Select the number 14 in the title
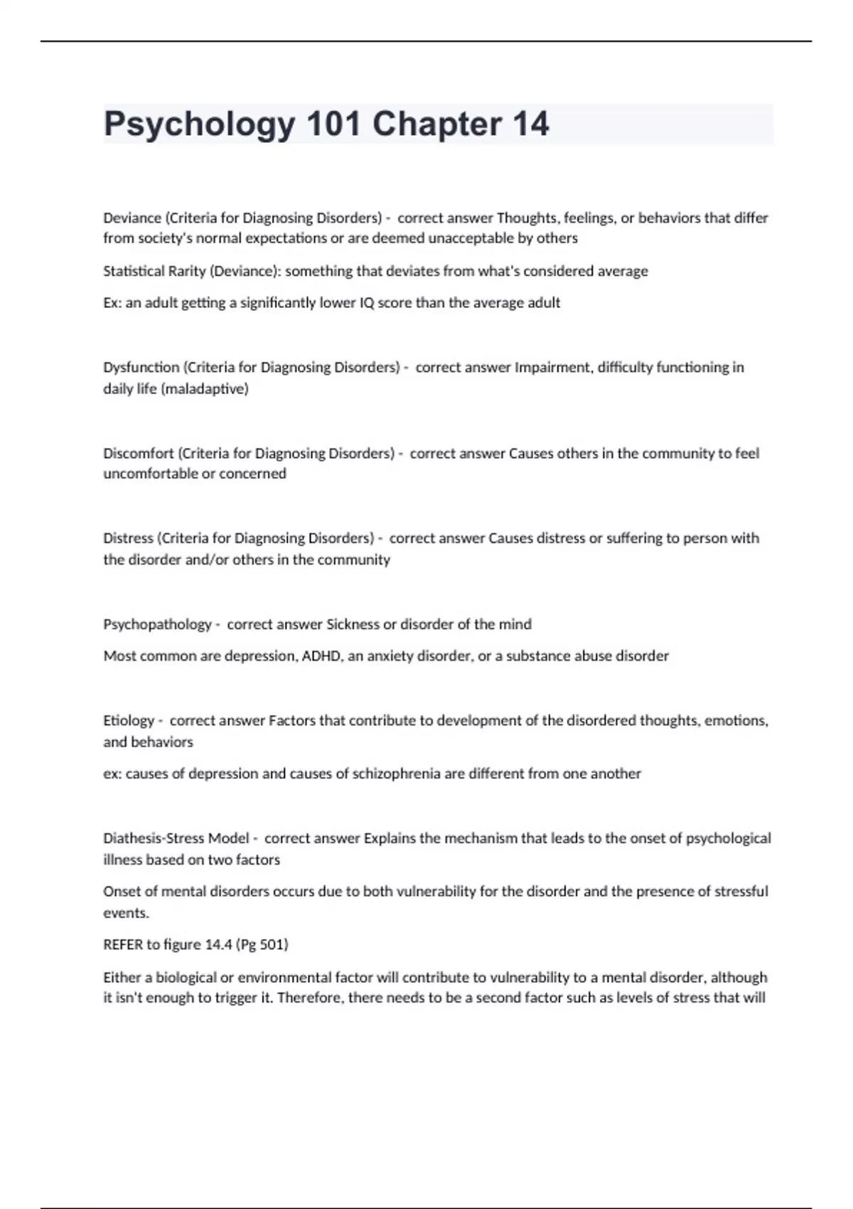pyautogui.click(x=530, y=124)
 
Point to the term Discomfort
pyautogui.click(x=138, y=453)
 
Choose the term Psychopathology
pyautogui.click(x=157, y=624)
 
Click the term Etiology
pyautogui.click(x=129, y=720)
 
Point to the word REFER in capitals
pyautogui.click(x=123, y=944)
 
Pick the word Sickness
pyautogui.click(x=353, y=624)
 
